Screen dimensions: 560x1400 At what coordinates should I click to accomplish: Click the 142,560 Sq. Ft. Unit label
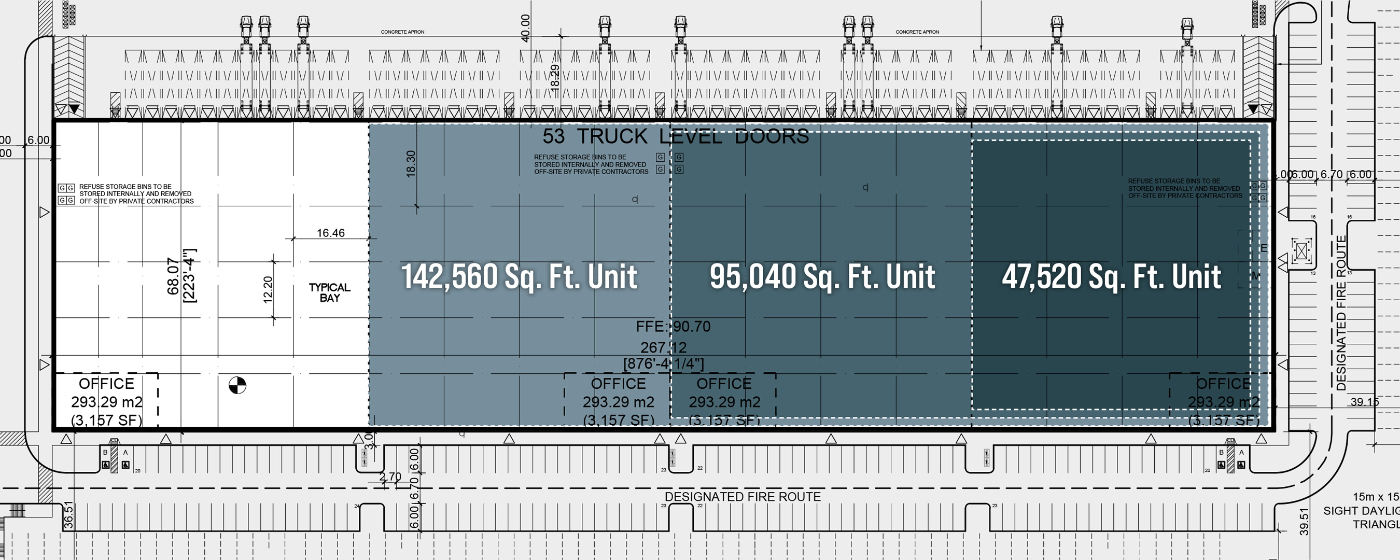point(519,277)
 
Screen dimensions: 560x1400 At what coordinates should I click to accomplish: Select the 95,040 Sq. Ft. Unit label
point(822,277)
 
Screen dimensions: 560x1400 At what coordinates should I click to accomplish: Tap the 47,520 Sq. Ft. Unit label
point(1111,277)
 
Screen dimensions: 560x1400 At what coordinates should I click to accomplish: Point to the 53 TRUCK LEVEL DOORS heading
point(676,136)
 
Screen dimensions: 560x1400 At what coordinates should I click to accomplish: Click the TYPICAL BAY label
point(329,292)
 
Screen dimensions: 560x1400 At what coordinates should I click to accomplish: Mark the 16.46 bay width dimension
point(330,233)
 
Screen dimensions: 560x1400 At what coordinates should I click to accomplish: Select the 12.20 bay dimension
point(268,289)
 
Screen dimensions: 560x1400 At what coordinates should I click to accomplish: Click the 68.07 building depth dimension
point(173,276)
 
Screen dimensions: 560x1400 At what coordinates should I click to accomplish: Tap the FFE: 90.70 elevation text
point(673,326)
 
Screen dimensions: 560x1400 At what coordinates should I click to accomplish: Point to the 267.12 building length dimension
point(663,347)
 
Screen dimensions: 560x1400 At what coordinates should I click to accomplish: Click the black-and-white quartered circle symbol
point(237,385)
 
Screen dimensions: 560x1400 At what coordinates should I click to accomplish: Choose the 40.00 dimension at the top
point(525,29)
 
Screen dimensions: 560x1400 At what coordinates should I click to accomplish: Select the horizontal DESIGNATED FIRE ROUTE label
point(743,496)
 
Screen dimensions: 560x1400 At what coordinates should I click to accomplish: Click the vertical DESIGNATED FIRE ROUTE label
point(1341,313)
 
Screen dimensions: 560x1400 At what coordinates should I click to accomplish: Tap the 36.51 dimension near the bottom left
point(68,514)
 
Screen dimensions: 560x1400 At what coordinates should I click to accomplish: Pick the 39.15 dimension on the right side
point(1365,402)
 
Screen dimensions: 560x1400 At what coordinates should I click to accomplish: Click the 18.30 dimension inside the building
point(411,163)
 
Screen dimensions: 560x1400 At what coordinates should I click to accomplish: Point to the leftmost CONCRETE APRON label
point(402,32)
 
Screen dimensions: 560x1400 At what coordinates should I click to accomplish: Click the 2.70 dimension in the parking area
point(390,477)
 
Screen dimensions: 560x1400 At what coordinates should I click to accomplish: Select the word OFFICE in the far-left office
point(106,384)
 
